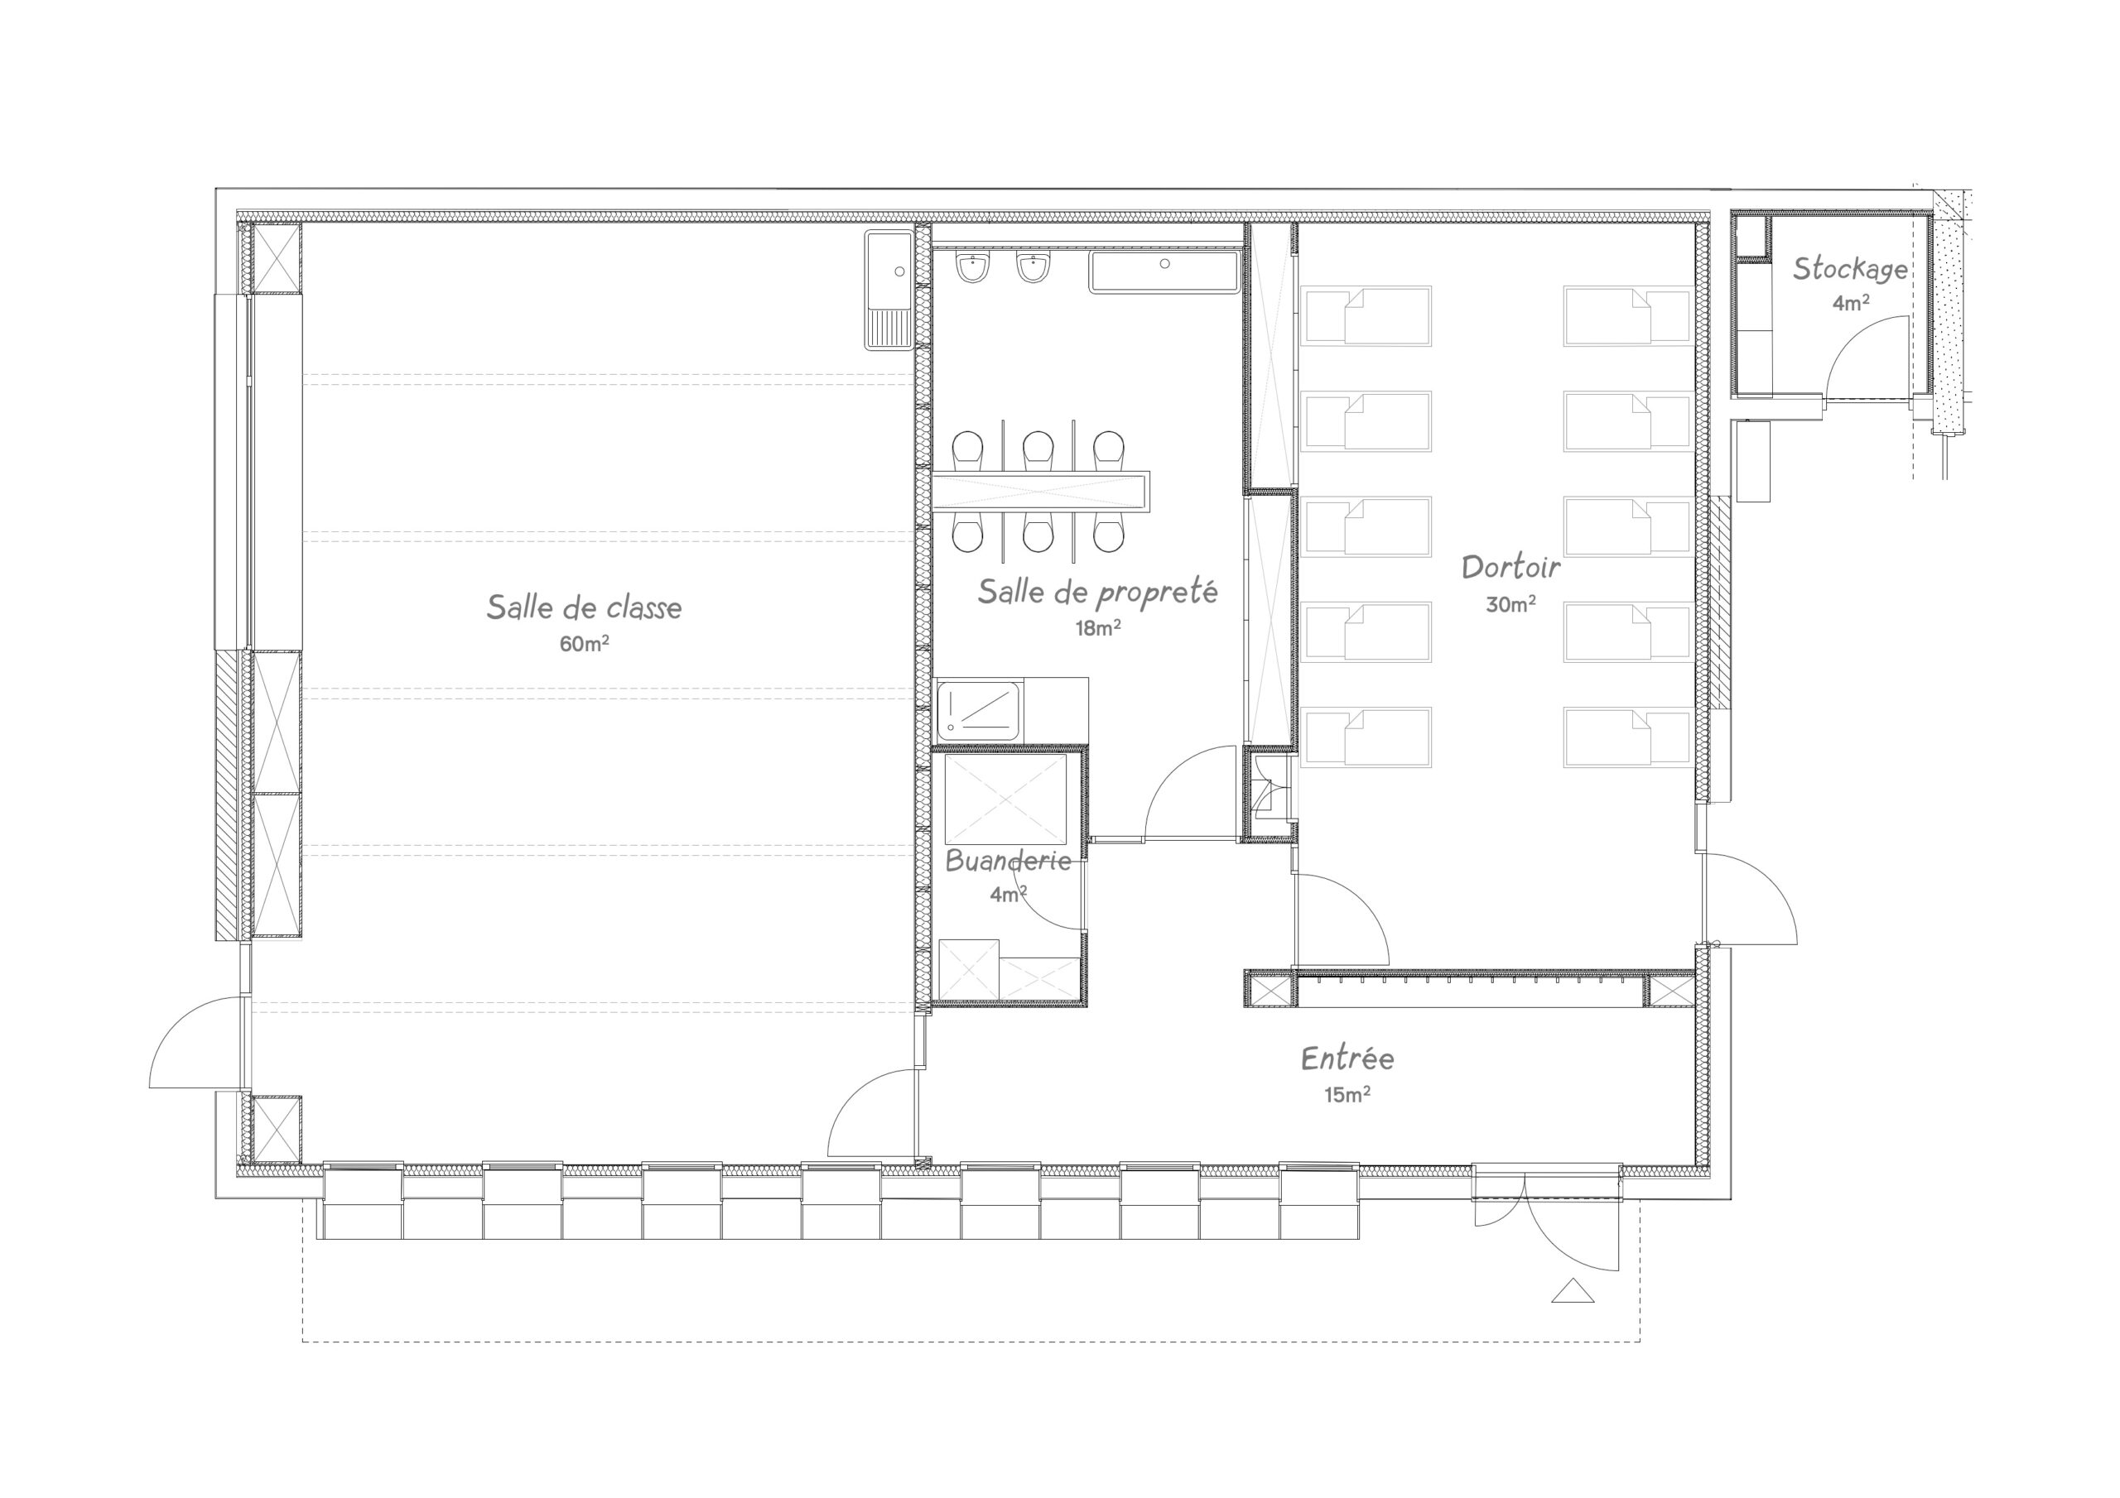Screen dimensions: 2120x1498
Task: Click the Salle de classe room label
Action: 584,607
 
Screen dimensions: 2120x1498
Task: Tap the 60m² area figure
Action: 584,643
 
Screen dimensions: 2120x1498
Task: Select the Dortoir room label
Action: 1510,566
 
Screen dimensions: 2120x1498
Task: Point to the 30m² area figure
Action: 1510,603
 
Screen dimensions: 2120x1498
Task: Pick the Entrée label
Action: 1347,1057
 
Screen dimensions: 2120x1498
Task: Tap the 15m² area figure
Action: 1347,1094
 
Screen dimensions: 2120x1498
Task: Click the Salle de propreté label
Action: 1098,592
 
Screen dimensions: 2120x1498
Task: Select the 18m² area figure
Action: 1098,627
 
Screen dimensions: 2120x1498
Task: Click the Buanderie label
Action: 1009,860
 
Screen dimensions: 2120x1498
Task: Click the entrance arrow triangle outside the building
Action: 1573,1291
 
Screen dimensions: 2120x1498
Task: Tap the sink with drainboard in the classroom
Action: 889,290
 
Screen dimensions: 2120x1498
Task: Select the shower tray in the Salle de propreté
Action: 978,711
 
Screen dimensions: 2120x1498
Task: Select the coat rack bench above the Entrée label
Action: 1470,988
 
